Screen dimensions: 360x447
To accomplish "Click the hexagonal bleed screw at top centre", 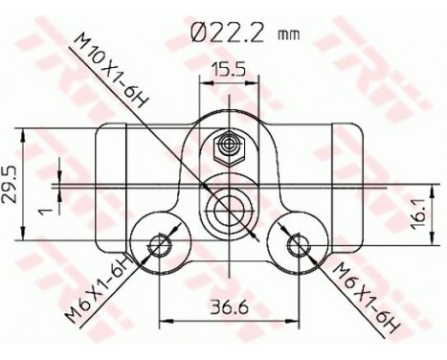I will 229,146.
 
